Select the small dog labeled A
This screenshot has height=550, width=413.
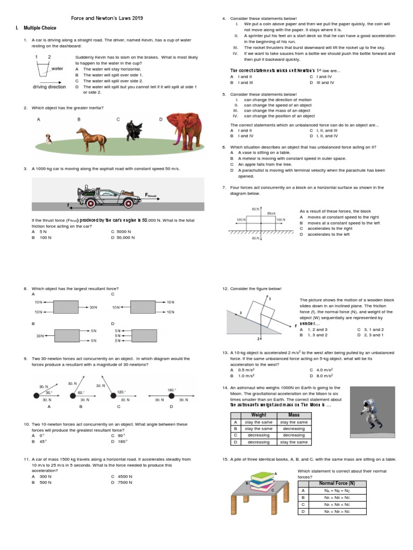point(49,139)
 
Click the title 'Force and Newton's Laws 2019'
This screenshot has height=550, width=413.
point(107,18)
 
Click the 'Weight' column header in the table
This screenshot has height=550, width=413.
point(259,415)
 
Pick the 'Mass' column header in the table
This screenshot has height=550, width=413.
point(294,415)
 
